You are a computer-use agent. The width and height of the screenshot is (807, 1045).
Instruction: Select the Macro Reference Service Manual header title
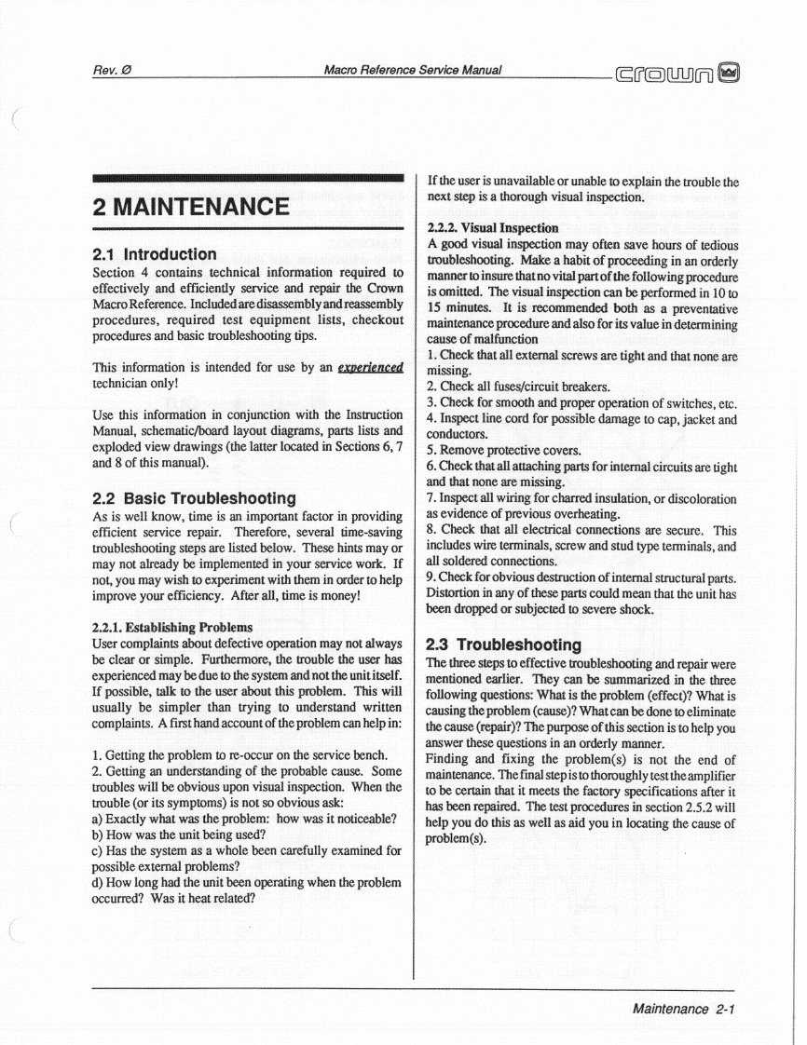413,70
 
